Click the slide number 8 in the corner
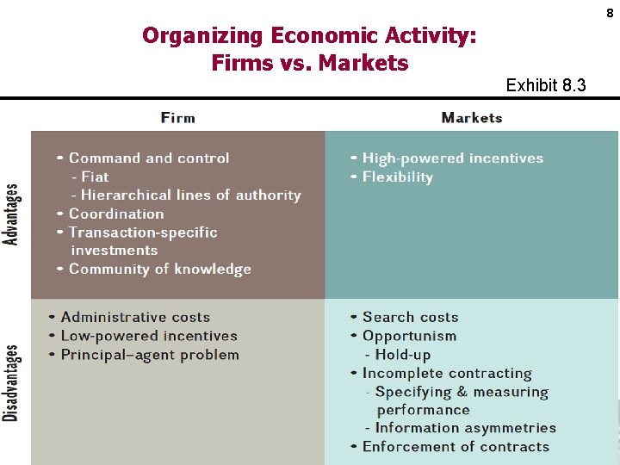[x=610, y=13]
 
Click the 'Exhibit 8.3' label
[x=546, y=85]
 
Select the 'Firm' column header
[x=177, y=117]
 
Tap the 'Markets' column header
[x=471, y=117]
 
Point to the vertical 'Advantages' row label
[x=12, y=214]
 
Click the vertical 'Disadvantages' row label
[x=12, y=382]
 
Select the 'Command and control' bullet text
[x=149, y=158]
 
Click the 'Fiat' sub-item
[x=95, y=177]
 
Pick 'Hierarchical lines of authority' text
[x=190, y=195]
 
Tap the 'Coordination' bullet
[x=116, y=214]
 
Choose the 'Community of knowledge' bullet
[x=159, y=269]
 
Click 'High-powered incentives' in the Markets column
[x=453, y=158]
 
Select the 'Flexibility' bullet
[x=398, y=177]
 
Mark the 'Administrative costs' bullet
[x=135, y=317]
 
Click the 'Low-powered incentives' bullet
[x=149, y=336]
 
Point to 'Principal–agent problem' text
[x=150, y=354]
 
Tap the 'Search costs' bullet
[x=410, y=317]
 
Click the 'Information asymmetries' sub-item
[x=466, y=428]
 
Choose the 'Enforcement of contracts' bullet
[x=456, y=446]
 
